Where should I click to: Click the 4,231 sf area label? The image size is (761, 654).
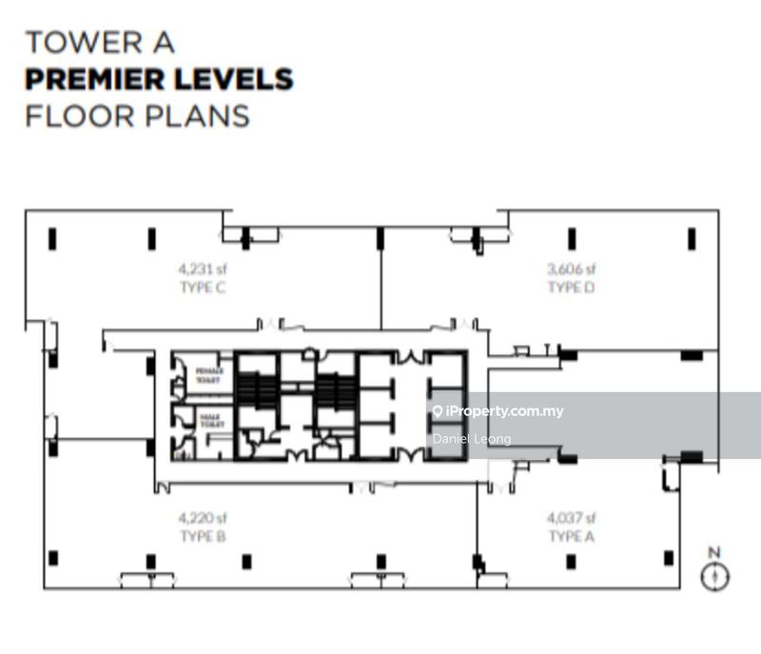coord(201,268)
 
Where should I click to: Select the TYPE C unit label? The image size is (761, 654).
coord(201,287)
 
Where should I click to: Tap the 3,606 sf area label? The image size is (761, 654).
coord(571,268)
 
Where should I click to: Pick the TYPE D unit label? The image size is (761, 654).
coord(571,287)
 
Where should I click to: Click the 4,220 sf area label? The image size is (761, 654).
coord(201,519)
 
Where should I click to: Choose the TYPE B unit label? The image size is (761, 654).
coord(201,537)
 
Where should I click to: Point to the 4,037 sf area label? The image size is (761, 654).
coord(571,519)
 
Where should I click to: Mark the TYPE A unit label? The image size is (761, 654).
coord(571,537)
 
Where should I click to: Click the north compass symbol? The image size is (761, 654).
coord(713,575)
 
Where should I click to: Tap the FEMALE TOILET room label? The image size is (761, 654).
coord(207,373)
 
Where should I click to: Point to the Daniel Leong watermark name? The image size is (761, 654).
coord(472,439)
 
